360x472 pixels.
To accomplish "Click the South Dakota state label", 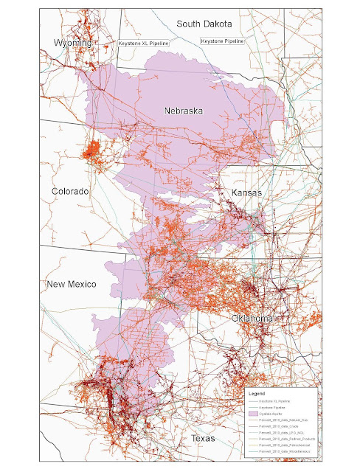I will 204,24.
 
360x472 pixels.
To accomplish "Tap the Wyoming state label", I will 72,44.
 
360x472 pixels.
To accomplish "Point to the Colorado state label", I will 70,191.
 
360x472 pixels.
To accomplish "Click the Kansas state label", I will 247,192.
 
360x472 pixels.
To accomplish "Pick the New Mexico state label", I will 72,285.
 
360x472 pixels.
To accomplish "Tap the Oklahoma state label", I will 253,318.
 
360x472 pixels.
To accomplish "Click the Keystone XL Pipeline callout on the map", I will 144,44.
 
